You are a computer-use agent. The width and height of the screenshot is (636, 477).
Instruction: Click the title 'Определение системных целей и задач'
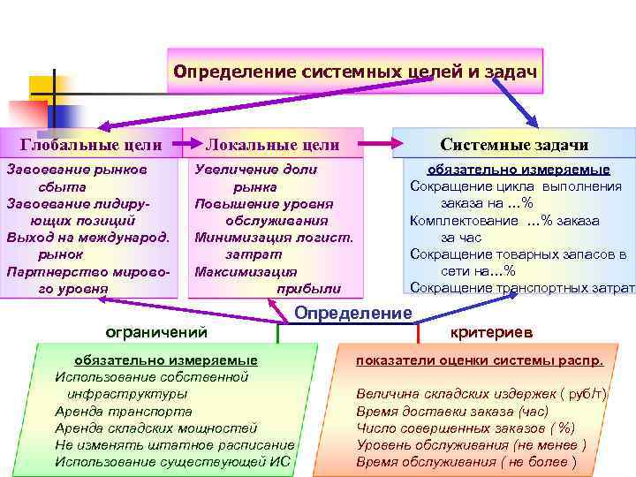(x=355, y=70)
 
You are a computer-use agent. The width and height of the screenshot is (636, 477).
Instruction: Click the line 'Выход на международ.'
(x=87, y=237)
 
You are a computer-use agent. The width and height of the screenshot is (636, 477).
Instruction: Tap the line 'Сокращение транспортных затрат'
(x=522, y=288)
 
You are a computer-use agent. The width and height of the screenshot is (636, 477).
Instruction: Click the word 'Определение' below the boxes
(x=352, y=314)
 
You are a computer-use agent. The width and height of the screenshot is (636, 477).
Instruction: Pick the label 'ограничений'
(x=156, y=332)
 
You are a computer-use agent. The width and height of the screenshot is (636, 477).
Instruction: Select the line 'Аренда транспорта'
(x=124, y=411)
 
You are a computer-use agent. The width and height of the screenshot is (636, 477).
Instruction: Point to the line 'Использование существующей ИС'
(x=172, y=461)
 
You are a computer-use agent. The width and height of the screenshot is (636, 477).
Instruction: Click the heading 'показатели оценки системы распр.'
(x=480, y=360)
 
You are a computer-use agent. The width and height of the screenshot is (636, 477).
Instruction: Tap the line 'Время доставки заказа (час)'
(x=452, y=411)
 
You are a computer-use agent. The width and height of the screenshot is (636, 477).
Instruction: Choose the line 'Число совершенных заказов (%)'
(x=466, y=428)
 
